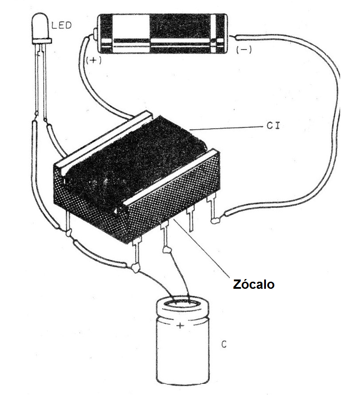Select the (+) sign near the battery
[94, 60]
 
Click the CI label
[273, 126]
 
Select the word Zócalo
[254, 284]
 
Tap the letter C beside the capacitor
[224, 344]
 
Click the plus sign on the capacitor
[180, 326]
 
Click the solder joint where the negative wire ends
[216, 220]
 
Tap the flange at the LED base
[42, 41]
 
